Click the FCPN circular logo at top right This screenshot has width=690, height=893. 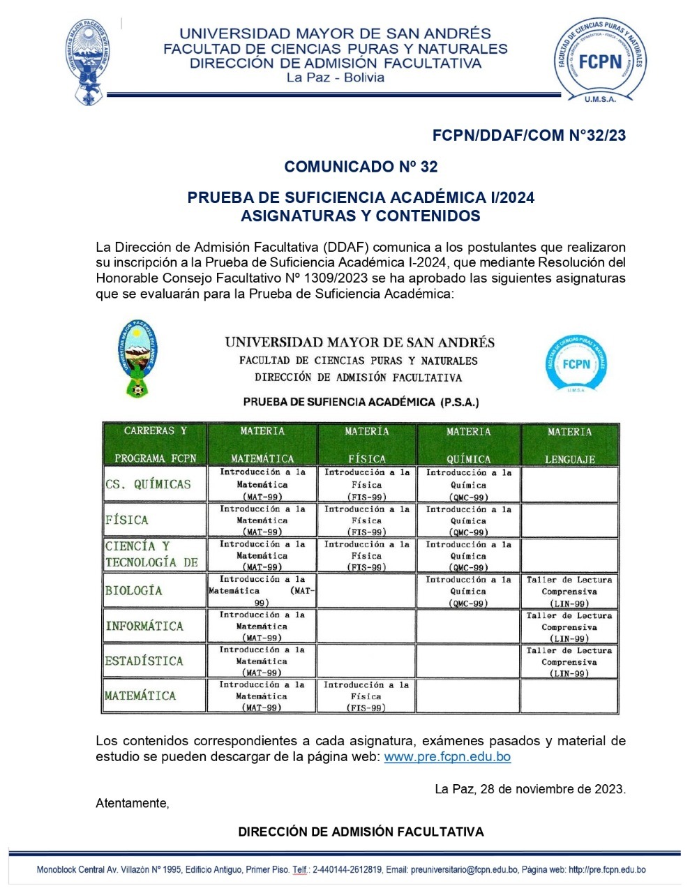[600, 61]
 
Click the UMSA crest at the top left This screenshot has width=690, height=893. [88, 61]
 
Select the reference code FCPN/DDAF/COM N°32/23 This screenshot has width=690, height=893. [529, 135]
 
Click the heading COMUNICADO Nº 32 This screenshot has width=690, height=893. [361, 167]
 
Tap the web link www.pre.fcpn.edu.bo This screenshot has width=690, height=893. [447, 756]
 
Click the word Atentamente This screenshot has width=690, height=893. [132, 803]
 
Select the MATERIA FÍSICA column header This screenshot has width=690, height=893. [366, 444]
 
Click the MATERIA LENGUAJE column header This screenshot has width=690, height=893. [569, 444]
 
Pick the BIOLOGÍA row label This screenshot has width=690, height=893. [134, 591]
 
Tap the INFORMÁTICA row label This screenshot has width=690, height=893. [144, 626]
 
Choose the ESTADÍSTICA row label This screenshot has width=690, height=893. [144, 661]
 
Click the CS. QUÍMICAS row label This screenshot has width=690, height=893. [148, 484]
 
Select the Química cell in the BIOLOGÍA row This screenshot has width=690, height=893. [468, 591]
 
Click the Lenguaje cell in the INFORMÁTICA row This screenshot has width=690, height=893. [569, 626]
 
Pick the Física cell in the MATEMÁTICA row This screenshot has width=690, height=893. [366, 696]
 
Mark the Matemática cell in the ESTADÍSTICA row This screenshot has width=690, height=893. [262, 661]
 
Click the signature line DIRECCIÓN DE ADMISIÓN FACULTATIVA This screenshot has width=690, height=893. [361, 832]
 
